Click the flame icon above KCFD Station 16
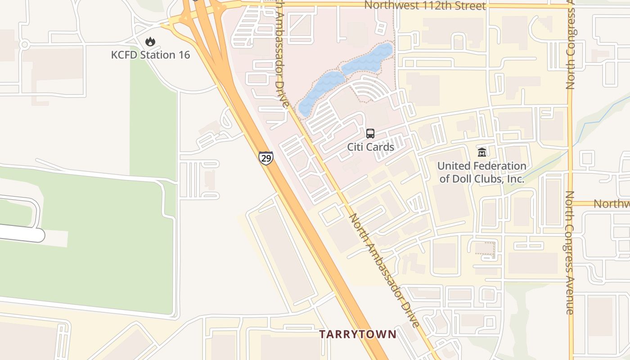click(150, 42)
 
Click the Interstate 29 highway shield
click(265, 158)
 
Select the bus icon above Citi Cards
click(370, 134)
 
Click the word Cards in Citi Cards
click(381, 147)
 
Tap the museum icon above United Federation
click(482, 153)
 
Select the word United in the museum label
click(452, 166)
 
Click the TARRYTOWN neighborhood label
click(358, 334)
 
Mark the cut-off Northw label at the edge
click(611, 204)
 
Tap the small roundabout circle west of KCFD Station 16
click(24, 45)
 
